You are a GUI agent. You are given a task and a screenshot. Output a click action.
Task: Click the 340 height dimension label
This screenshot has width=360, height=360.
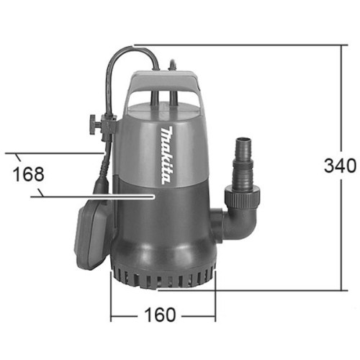click(340, 166)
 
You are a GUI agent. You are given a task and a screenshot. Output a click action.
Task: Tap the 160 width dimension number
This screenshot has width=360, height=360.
click(160, 315)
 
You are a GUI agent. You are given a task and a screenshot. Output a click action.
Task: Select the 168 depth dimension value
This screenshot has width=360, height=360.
click(28, 174)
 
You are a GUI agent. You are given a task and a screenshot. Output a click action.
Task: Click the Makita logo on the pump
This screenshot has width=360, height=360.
click(166, 156)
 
